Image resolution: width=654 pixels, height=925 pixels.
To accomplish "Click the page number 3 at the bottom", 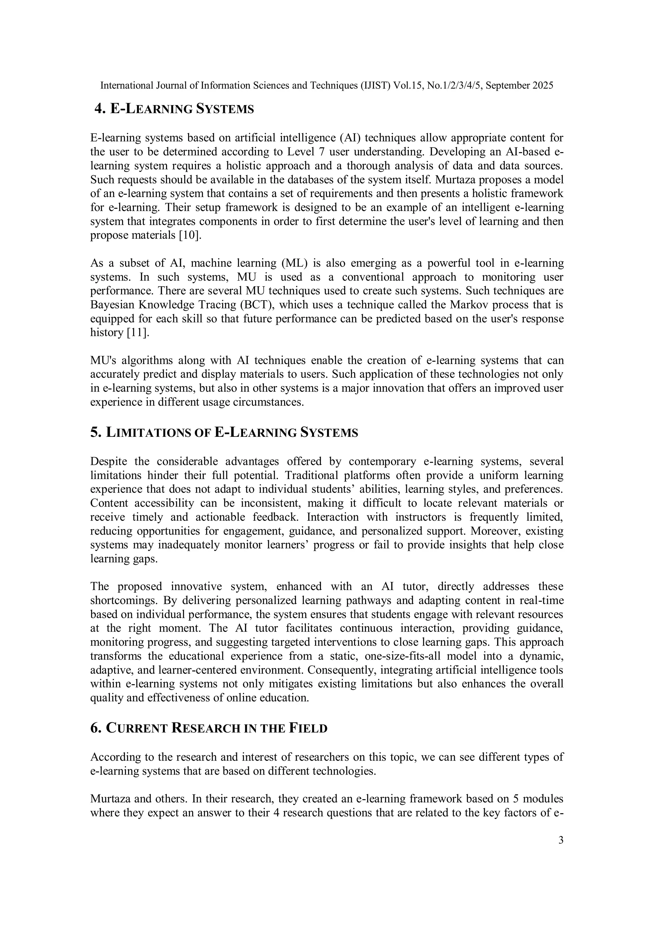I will pos(560,840).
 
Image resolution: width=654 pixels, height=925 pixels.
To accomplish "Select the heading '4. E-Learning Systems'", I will pos(174,109).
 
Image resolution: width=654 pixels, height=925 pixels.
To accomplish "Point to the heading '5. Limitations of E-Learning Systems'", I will pos(224,432).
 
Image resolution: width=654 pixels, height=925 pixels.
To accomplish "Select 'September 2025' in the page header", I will pos(520,85).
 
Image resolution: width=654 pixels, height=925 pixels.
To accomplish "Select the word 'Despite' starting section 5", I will pos(108,461).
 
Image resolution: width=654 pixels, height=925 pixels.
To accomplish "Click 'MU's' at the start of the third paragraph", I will pos(103,360).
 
